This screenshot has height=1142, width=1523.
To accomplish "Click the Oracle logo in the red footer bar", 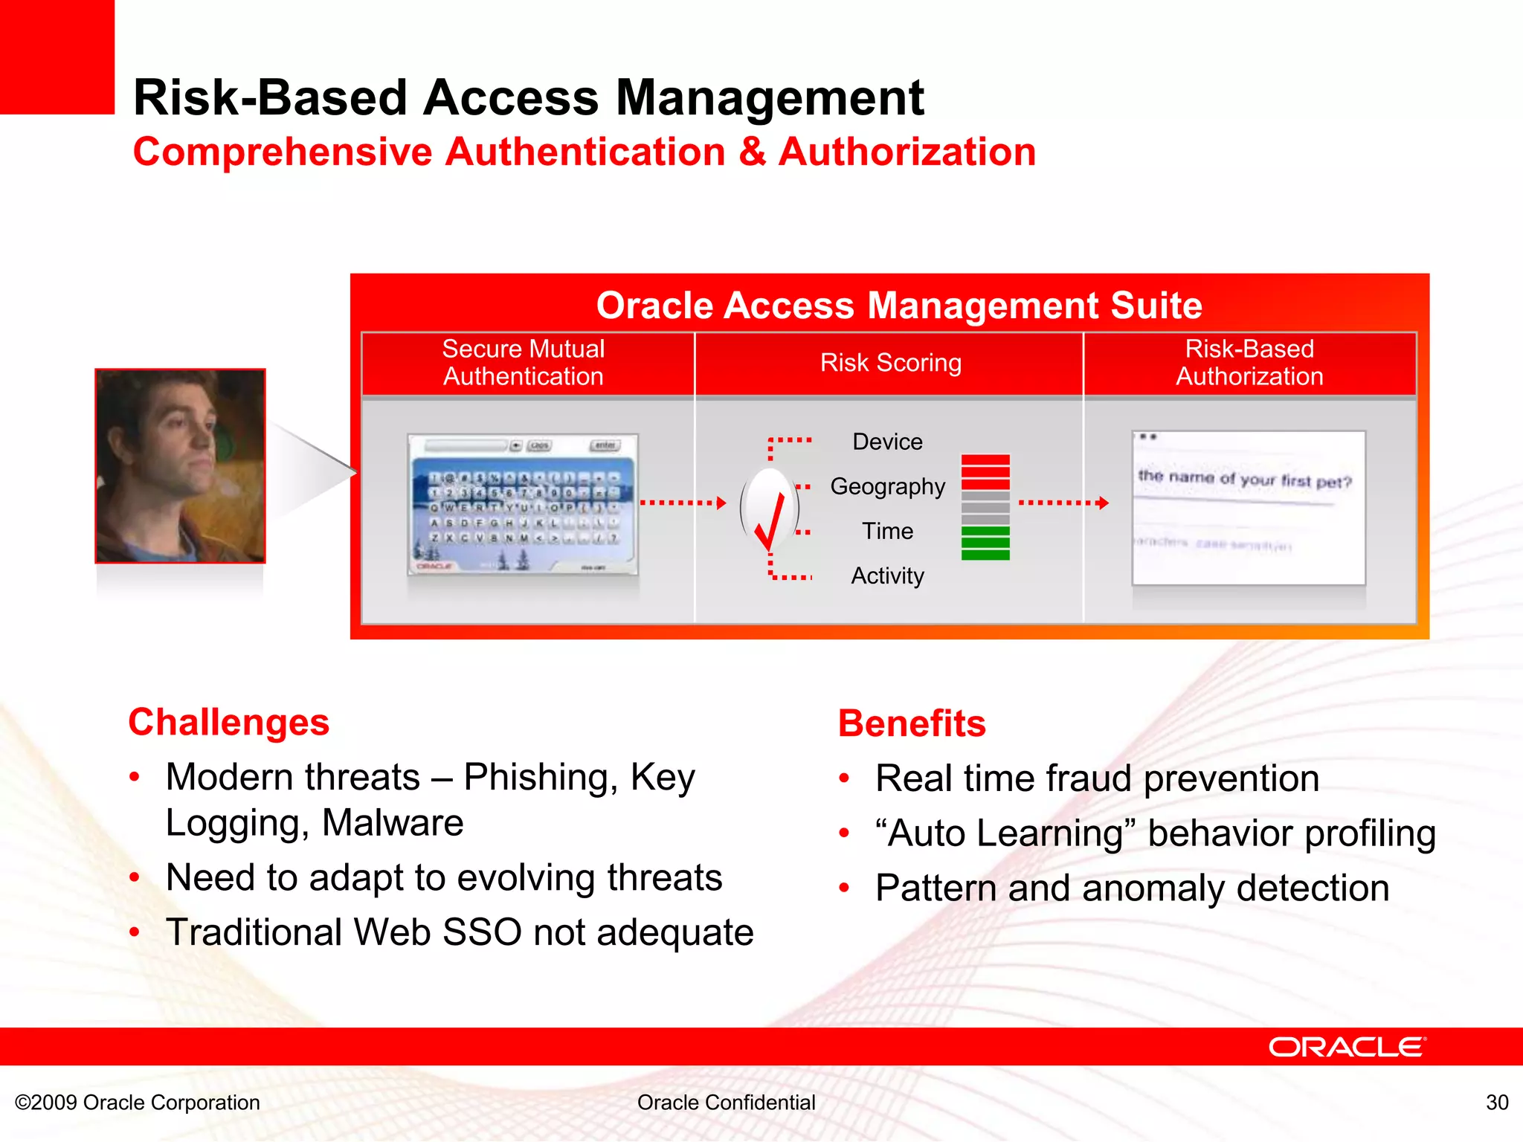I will point(1347,1048).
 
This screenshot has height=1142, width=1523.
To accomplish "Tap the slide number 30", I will point(1496,1103).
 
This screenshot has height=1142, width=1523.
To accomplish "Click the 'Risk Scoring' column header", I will point(890,363).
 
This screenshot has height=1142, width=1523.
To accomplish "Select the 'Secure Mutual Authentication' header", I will point(524,363).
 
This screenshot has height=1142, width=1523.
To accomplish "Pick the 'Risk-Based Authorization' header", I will point(1249,363).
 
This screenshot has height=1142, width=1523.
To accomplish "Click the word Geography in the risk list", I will point(887,486).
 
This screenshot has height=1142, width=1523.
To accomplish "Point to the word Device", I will point(887,442).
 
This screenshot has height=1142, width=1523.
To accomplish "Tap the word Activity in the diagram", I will point(887,575).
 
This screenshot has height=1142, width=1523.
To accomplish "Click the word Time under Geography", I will point(887,531).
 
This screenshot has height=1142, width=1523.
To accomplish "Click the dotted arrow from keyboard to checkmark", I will point(683,503).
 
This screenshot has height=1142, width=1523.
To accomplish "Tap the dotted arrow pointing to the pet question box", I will point(1063,503).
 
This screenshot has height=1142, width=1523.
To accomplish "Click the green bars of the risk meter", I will point(985,543).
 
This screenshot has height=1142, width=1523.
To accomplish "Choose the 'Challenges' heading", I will point(228,723).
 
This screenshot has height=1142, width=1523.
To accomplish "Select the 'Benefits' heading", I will point(912,724).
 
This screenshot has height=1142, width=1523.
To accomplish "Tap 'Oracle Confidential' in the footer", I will point(726,1103).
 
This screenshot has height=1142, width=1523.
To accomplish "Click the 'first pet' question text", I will point(1244,480).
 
